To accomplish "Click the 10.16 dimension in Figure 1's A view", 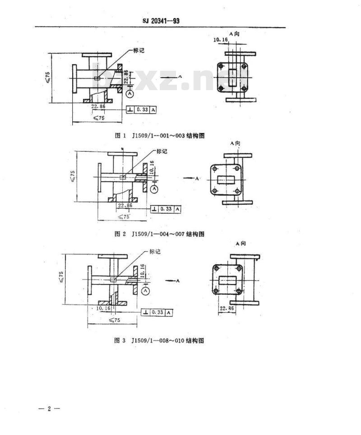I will (x=221, y=40).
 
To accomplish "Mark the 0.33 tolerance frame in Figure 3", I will (x=157, y=312).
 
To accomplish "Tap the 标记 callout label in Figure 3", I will (x=154, y=252).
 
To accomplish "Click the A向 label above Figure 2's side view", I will (x=235, y=143).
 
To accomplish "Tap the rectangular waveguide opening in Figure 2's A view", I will (x=226, y=179).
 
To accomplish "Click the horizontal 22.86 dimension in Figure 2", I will (x=125, y=205).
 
